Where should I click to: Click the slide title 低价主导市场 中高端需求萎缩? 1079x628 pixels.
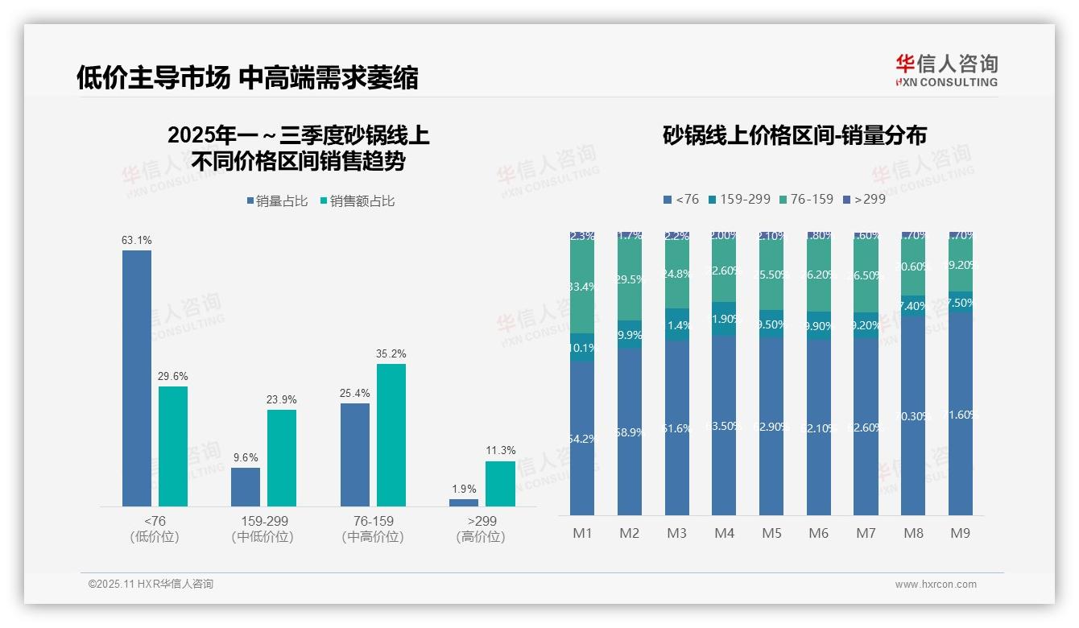247,77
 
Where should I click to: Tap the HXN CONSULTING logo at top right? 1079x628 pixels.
946,71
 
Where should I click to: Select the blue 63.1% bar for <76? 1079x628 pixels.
137,378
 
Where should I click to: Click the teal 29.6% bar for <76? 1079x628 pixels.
173,446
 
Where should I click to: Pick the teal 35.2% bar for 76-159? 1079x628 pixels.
391,435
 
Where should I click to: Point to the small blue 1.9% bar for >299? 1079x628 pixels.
464,502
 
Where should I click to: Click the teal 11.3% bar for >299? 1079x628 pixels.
500,483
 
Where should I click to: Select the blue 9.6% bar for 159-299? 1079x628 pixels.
246,486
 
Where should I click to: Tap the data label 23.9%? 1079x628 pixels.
282,399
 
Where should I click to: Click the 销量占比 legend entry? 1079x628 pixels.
278,201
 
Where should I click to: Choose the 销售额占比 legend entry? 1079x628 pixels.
358,201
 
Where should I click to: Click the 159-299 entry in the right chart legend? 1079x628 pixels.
738,199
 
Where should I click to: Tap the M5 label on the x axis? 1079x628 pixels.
771,533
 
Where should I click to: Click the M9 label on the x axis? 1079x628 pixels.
961,533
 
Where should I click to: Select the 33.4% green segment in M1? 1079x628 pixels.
582,287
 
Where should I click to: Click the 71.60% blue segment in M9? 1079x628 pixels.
961,415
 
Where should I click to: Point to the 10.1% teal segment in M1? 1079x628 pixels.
582,348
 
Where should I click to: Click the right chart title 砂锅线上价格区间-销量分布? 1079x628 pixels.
794,135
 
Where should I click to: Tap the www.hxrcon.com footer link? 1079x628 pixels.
936,585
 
